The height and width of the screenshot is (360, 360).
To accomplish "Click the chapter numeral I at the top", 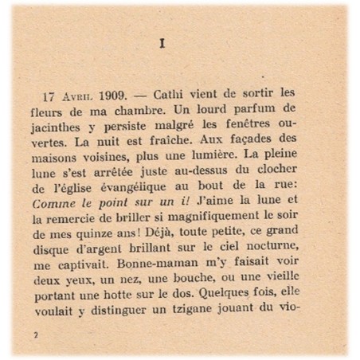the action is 162,44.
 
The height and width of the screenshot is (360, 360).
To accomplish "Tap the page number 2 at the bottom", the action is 37,336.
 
